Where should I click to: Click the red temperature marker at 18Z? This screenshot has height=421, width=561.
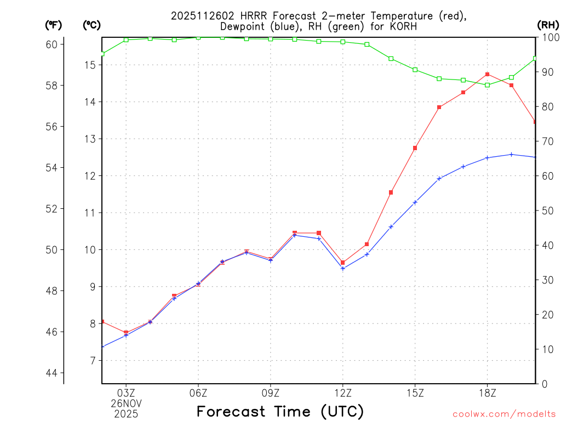[487, 74]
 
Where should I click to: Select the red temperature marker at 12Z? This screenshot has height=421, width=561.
[343, 263]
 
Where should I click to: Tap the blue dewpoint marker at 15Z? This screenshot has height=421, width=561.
[415, 202]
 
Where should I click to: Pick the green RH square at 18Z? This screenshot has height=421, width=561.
[487, 85]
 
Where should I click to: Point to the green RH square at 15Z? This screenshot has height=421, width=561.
[415, 70]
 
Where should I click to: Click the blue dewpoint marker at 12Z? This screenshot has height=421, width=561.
[343, 269]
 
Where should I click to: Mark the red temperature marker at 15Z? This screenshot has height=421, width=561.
[415, 148]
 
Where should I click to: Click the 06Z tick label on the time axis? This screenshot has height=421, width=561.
[198, 393]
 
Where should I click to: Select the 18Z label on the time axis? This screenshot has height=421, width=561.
[487, 393]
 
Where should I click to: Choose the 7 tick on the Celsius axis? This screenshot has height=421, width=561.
[93, 361]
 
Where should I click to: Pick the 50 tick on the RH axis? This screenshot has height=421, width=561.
[547, 211]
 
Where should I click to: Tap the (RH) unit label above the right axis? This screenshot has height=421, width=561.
[548, 25]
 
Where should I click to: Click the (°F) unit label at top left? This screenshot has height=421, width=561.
[54, 25]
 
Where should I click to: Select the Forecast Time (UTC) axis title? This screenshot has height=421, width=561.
[280, 411]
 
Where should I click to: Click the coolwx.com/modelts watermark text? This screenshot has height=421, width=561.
[504, 414]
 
